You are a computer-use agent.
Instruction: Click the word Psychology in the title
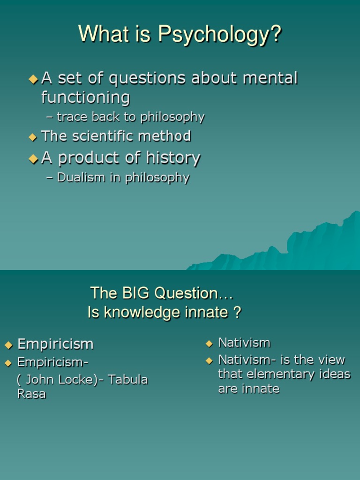[x=219, y=34]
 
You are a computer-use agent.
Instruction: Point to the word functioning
[x=85, y=97]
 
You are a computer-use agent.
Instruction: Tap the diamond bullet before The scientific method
[x=32, y=137]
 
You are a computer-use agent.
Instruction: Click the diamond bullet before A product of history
[x=33, y=159]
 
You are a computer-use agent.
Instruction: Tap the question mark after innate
[x=237, y=312]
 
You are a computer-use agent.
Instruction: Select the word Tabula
[x=128, y=380]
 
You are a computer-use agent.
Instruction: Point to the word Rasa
[x=31, y=394]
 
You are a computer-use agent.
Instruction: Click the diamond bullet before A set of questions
[x=33, y=80]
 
